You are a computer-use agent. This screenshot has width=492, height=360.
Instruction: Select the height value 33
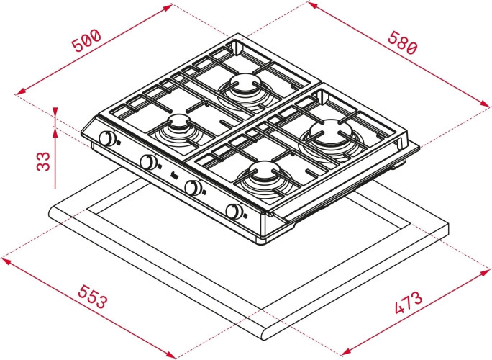click(x=44, y=160)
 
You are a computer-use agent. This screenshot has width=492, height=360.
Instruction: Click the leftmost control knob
click(x=108, y=139)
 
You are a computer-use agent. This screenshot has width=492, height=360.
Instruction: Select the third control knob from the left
click(x=193, y=188)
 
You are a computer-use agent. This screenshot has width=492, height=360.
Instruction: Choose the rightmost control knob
click(x=234, y=212)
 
